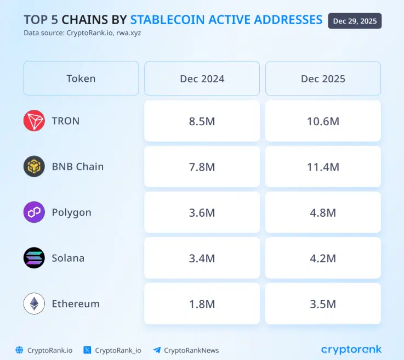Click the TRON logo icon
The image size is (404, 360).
[x=34, y=121]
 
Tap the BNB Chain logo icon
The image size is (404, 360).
[x=34, y=166]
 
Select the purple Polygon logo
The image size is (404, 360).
[x=34, y=212]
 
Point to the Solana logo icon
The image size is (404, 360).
[x=34, y=258]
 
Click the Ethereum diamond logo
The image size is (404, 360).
[x=34, y=303]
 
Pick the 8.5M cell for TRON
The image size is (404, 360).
[x=202, y=121]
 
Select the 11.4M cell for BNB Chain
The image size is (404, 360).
[x=323, y=166]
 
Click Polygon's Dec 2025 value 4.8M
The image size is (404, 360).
[x=323, y=212]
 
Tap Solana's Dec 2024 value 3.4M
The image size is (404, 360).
[x=202, y=258]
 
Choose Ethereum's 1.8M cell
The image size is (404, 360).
[x=202, y=303]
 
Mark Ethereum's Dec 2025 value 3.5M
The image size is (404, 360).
[x=323, y=303]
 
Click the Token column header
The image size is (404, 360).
[x=81, y=78]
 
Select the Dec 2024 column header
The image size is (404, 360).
[x=202, y=78]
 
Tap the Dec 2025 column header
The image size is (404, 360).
[x=323, y=78]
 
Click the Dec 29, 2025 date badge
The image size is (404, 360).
[x=355, y=21]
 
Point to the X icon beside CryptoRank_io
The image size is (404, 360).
[x=87, y=350]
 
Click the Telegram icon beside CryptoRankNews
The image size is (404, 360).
[x=157, y=350]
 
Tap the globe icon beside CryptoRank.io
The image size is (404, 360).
[x=20, y=350]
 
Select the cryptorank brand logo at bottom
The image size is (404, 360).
[x=351, y=349]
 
